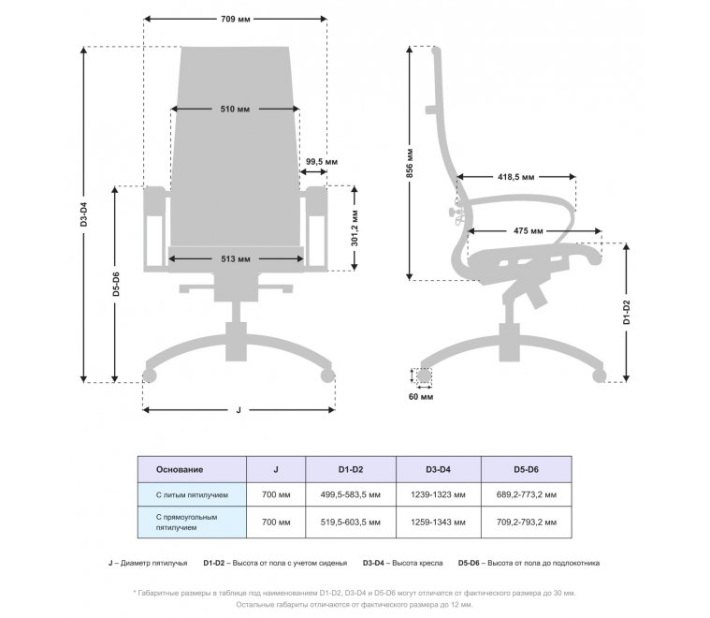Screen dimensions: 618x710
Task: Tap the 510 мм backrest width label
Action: coord(235,110)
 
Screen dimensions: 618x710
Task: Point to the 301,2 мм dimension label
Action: coord(355,228)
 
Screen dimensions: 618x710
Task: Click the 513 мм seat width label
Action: coord(236,257)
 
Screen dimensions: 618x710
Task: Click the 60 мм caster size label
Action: coord(421,397)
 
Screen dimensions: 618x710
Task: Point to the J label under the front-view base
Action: coord(239,410)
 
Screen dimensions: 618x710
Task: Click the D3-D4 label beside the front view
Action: coord(83,216)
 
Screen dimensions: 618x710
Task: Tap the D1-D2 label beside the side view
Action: coord(626,312)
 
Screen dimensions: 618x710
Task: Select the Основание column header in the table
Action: coord(180,468)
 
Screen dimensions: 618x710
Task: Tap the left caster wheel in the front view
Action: coord(148,376)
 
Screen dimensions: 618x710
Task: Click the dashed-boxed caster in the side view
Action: coord(424,376)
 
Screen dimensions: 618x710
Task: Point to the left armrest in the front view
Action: coord(154,228)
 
